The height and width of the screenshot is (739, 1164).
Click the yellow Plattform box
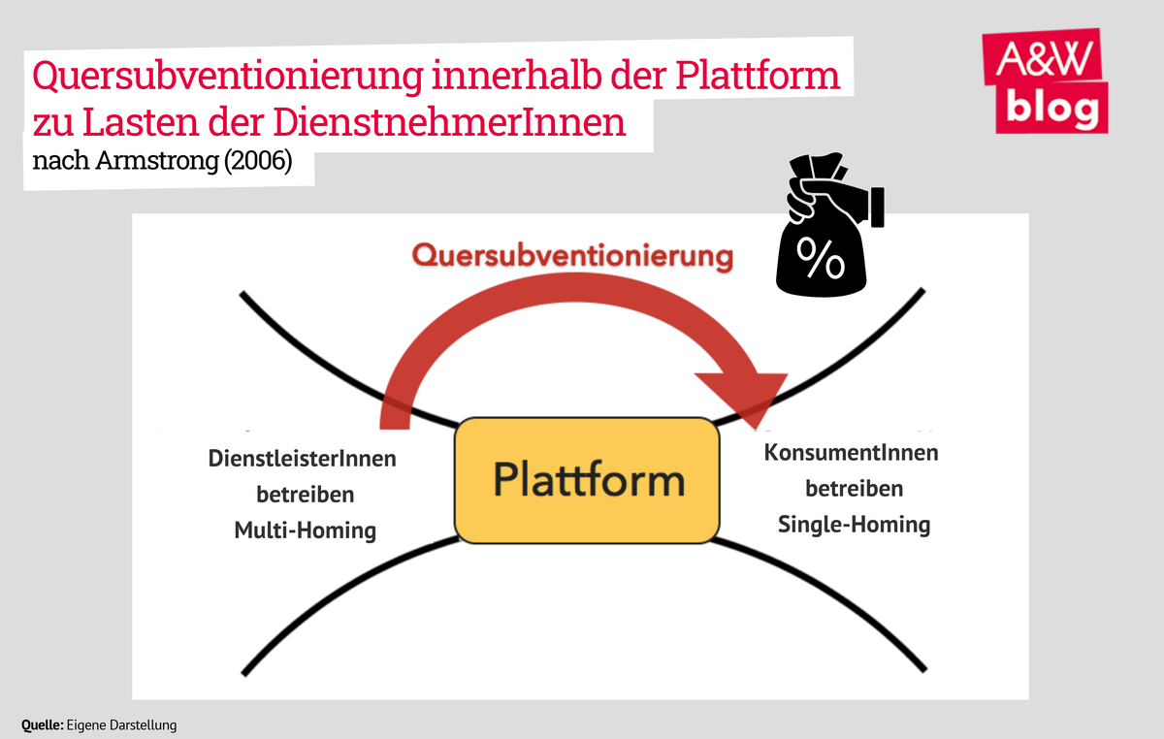(587, 480)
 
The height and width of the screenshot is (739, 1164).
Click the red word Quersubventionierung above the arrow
(570, 256)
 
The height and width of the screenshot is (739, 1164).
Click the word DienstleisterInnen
(303, 459)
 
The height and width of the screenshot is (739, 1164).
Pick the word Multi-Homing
(305, 530)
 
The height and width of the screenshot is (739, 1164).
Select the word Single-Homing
(854, 525)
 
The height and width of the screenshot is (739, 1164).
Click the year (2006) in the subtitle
(256, 160)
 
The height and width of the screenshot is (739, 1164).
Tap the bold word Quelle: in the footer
(43, 724)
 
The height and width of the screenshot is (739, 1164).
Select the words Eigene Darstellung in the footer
(122, 724)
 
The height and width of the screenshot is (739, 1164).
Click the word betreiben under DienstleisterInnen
(305, 495)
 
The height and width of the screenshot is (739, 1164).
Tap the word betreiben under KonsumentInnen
(854, 489)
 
